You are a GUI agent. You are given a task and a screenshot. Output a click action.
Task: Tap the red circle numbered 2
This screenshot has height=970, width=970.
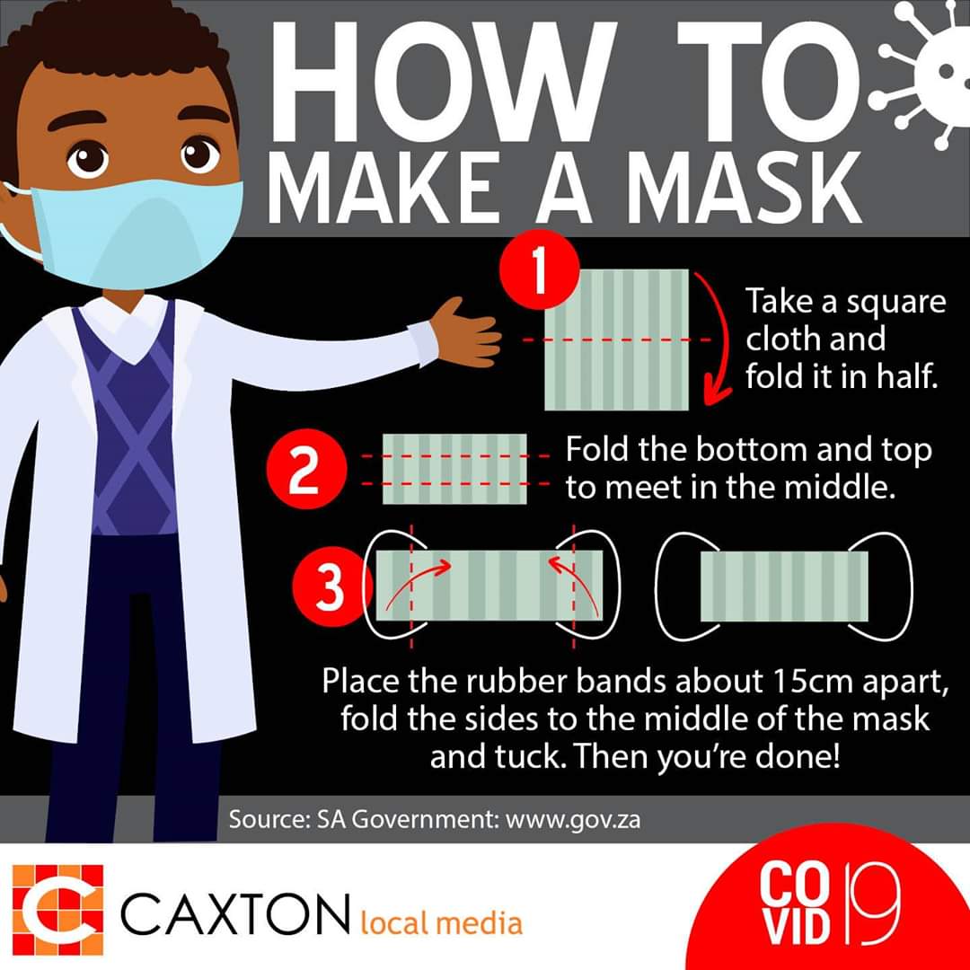point(306,469)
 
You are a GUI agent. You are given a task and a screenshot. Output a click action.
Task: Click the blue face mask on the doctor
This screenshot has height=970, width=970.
point(137,233)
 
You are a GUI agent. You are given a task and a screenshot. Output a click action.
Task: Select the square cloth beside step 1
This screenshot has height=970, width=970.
point(617,339)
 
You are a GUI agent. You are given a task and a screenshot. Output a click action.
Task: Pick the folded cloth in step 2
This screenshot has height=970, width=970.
point(454,469)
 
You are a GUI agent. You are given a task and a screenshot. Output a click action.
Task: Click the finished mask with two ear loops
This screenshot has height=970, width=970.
point(784,586)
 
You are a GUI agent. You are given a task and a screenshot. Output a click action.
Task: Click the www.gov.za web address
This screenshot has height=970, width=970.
point(573,820)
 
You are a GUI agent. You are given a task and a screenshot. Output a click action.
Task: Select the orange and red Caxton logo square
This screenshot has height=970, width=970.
point(58,909)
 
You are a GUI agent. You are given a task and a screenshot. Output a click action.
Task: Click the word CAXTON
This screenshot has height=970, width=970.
point(235,913)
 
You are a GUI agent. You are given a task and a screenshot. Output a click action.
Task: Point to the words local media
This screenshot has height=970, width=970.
point(441,922)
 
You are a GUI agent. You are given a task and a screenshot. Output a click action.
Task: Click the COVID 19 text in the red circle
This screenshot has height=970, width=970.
point(829,904)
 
